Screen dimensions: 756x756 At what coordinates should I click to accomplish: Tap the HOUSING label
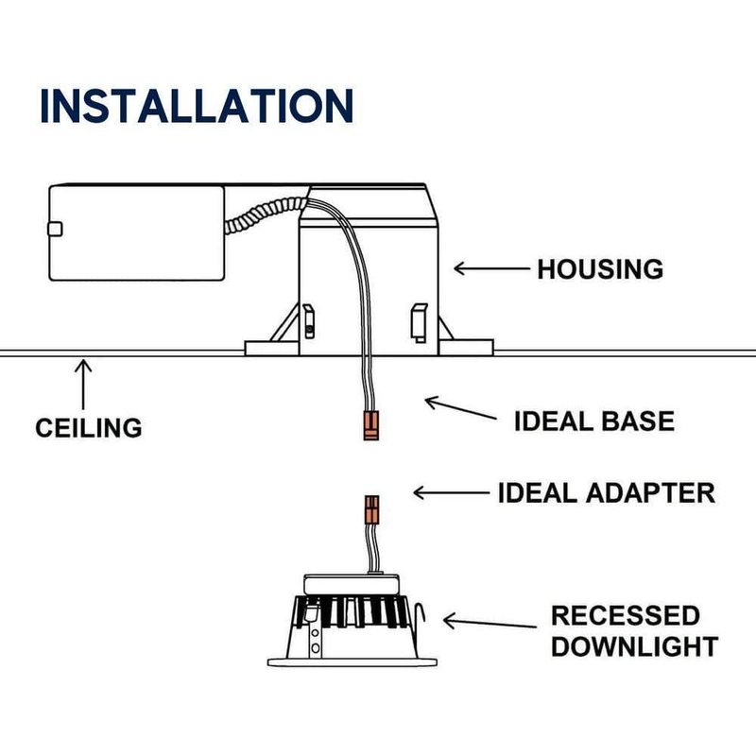tap(600, 269)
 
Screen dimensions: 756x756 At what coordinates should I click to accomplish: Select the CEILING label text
tap(89, 427)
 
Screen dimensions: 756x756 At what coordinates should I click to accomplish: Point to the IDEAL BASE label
tap(594, 421)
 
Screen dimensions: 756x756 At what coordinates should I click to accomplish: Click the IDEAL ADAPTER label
tap(607, 492)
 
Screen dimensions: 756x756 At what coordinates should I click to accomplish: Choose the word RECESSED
tap(626, 616)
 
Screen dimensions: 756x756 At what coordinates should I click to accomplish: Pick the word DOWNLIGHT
tap(634, 647)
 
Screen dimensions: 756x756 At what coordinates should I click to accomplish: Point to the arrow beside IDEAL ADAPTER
tap(453, 492)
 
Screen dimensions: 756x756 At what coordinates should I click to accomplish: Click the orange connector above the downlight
tap(372, 510)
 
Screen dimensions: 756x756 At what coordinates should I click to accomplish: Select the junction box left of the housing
tap(137, 232)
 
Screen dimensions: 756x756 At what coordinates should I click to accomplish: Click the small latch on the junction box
tap(54, 228)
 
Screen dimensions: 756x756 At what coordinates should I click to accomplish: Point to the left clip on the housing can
tap(308, 319)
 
